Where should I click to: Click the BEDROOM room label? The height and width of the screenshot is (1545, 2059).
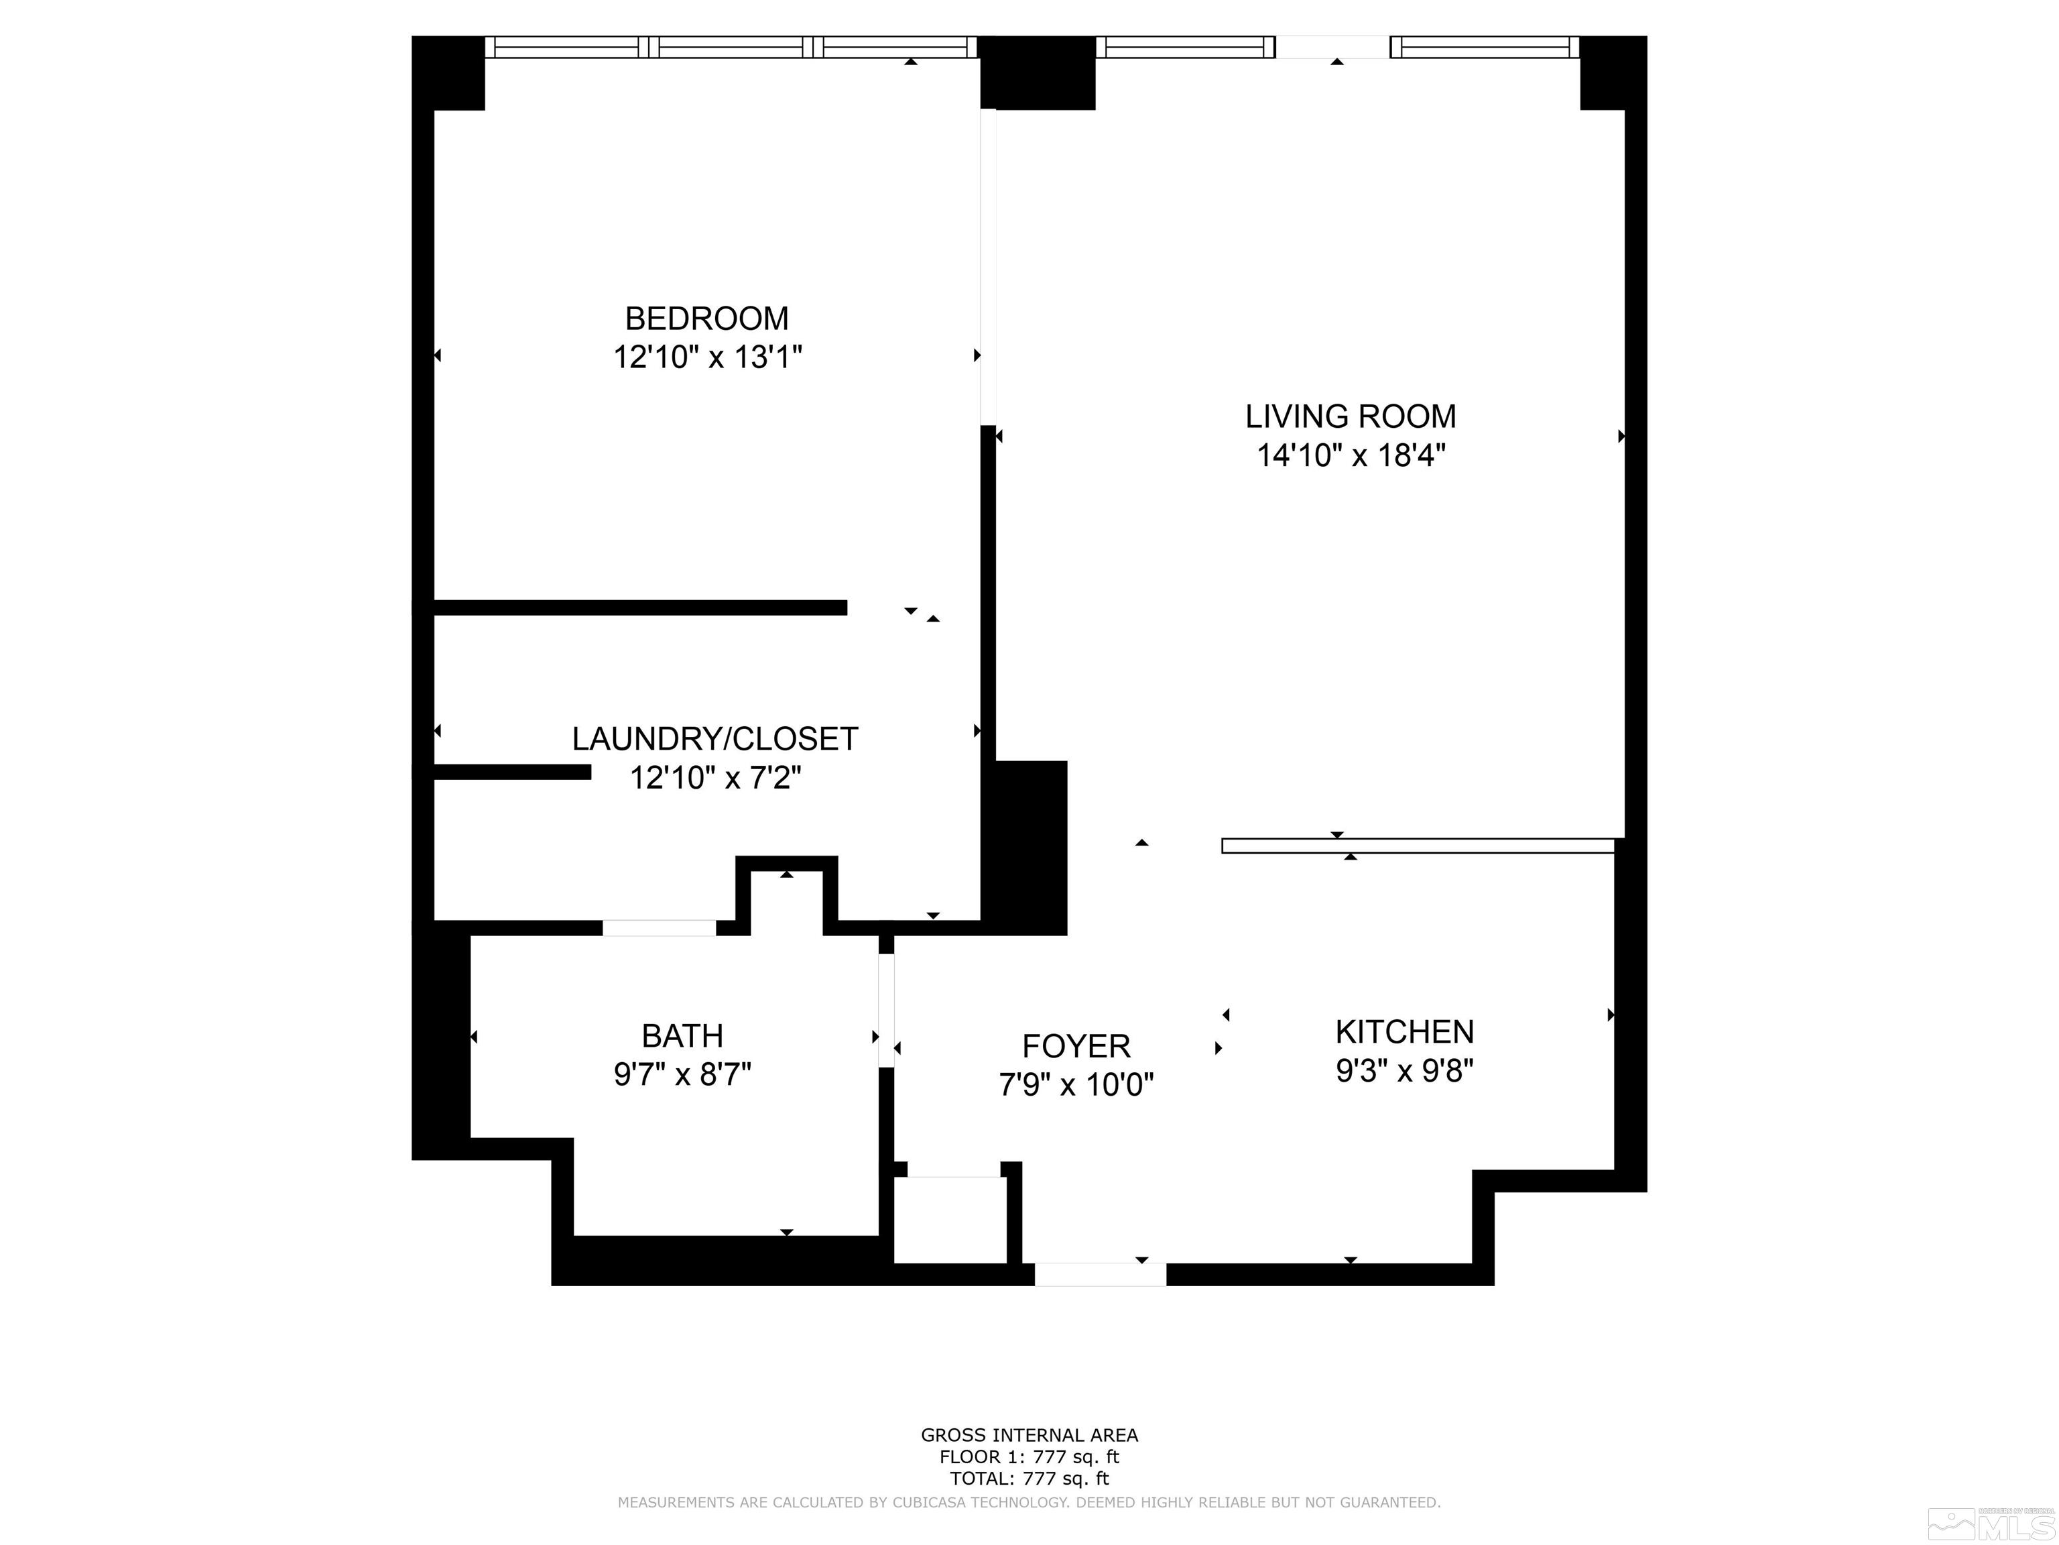(706, 319)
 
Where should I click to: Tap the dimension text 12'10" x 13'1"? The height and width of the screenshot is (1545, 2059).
(707, 357)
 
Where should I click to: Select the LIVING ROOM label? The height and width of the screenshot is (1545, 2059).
(1351, 416)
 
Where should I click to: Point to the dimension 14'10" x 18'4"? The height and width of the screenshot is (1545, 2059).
(1351, 455)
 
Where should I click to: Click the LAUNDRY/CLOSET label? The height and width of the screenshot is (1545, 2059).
(714, 738)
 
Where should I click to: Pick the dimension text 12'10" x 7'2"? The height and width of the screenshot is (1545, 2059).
(715, 778)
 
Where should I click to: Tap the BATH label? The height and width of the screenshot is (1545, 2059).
(682, 1035)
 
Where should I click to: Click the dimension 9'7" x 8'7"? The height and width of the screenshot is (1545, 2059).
(682, 1075)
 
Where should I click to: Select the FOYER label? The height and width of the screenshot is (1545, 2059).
(1076, 1046)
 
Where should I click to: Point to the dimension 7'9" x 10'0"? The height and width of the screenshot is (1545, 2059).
(1076, 1085)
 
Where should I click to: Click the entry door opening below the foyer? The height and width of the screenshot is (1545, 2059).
(1101, 1274)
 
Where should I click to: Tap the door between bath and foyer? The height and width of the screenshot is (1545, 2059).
(886, 1011)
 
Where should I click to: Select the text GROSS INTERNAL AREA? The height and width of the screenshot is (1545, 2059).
(1029, 1435)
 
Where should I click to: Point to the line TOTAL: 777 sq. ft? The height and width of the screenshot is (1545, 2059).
(1029, 1478)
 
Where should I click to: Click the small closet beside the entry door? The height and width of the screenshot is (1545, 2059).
(950, 1219)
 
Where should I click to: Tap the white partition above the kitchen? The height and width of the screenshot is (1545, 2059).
(1418, 846)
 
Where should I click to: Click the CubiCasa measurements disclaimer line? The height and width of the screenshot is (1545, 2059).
(1029, 1502)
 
